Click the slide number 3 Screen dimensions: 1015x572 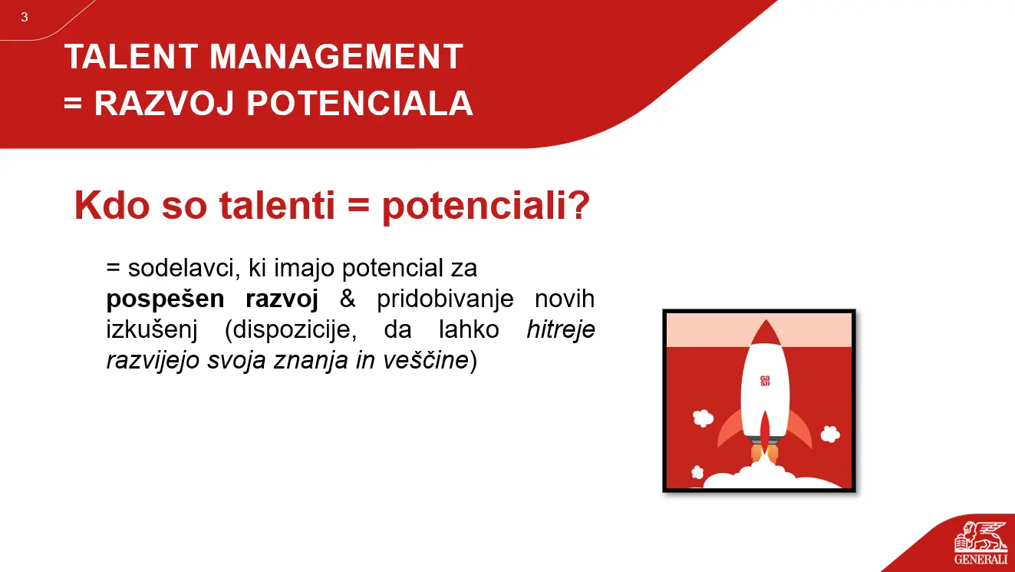(x=25, y=17)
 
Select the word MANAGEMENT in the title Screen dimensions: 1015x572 (x=336, y=56)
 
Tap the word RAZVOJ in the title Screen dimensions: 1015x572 (x=164, y=104)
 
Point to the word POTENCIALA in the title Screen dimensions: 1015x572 (x=360, y=104)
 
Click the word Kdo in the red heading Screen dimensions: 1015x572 (x=112, y=205)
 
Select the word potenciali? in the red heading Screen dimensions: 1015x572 (x=486, y=207)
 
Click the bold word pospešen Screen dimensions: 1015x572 (x=166, y=300)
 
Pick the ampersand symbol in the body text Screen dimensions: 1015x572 (x=348, y=299)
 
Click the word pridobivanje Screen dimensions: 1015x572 (x=445, y=300)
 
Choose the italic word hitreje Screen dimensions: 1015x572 (x=561, y=330)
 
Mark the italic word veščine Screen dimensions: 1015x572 (x=426, y=361)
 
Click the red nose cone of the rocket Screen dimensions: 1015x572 (x=766, y=333)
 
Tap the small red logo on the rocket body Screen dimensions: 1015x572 (x=765, y=381)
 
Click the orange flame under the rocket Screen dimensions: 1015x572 (x=765, y=451)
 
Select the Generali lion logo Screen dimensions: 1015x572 (x=980, y=537)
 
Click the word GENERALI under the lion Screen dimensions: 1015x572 (x=981, y=559)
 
